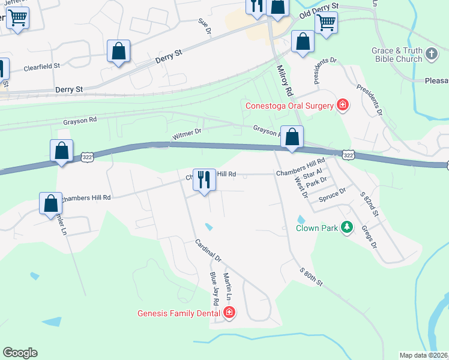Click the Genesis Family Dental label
[x=179, y=313]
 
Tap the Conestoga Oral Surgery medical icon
[x=343, y=106]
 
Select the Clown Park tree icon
[x=346, y=227]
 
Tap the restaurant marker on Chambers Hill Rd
[x=204, y=180]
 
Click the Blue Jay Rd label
[x=214, y=286]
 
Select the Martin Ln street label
[x=227, y=286]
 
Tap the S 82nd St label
[x=370, y=203]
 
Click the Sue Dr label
[x=205, y=25]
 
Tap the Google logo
[x=20, y=352]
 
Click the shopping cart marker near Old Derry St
[x=326, y=23]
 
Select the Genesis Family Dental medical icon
[x=229, y=312]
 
